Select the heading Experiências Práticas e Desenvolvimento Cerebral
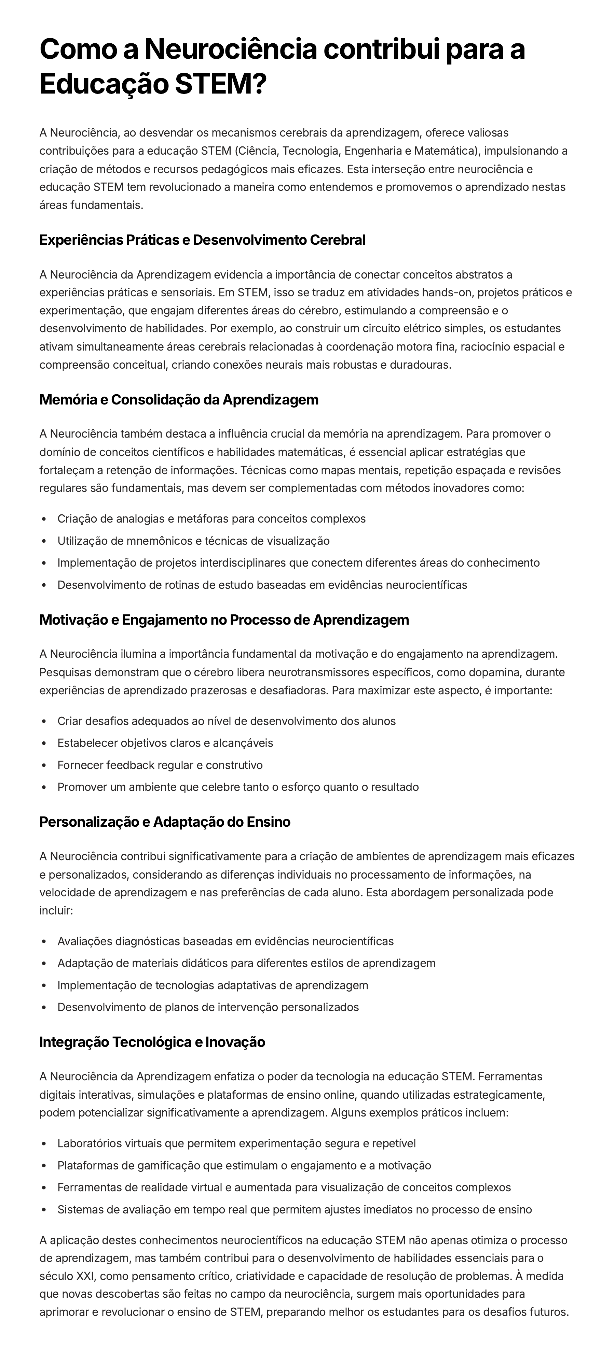(202, 240)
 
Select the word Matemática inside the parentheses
(444, 151)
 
